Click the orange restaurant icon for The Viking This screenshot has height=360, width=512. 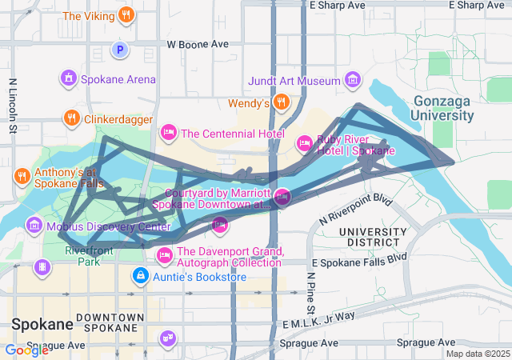coord(126,15)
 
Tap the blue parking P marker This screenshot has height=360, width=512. coord(120,50)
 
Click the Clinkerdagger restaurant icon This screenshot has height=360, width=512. coord(71,119)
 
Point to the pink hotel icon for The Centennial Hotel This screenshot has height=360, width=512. coord(168,132)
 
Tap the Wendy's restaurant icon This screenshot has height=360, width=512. coord(281,102)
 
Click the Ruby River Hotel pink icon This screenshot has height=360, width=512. coord(304,143)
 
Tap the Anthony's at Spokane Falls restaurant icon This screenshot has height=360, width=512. coord(21,175)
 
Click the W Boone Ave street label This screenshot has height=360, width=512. coord(198,45)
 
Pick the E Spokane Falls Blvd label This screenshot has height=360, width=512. coord(359,262)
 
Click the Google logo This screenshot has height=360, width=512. coord(26,350)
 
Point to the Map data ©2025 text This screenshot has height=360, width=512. coord(478,354)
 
